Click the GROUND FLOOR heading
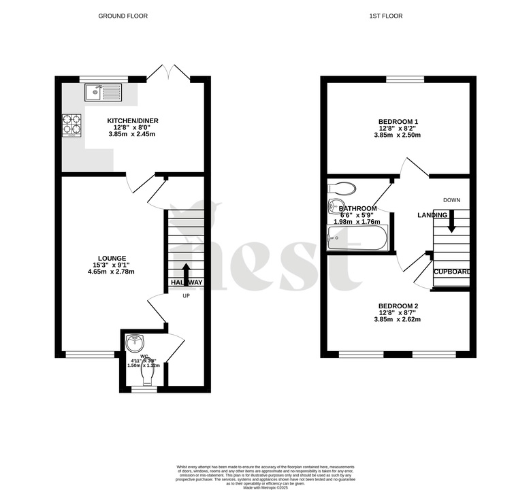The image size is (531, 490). (123, 16)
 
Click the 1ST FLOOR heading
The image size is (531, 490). (398, 16)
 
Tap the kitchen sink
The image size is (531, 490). (103, 92)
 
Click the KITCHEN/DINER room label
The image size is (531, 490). (133, 121)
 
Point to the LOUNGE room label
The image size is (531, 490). (112, 258)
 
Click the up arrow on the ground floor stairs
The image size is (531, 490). (186, 270)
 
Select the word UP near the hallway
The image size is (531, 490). (186, 295)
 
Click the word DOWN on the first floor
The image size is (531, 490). (452, 200)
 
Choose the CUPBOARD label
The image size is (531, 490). (453, 272)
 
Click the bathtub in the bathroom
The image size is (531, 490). (357, 239)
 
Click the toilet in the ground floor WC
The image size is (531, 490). (144, 375)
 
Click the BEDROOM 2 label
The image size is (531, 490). (398, 306)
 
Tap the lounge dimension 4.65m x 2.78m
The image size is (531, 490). (112, 272)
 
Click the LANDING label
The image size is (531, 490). (432, 216)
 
